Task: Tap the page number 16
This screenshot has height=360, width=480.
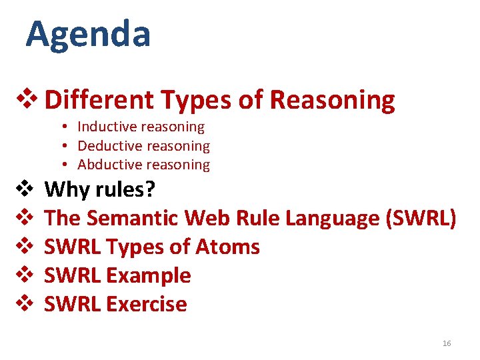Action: click(x=447, y=343)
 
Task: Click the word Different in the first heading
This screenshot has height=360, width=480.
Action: click(x=99, y=100)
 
